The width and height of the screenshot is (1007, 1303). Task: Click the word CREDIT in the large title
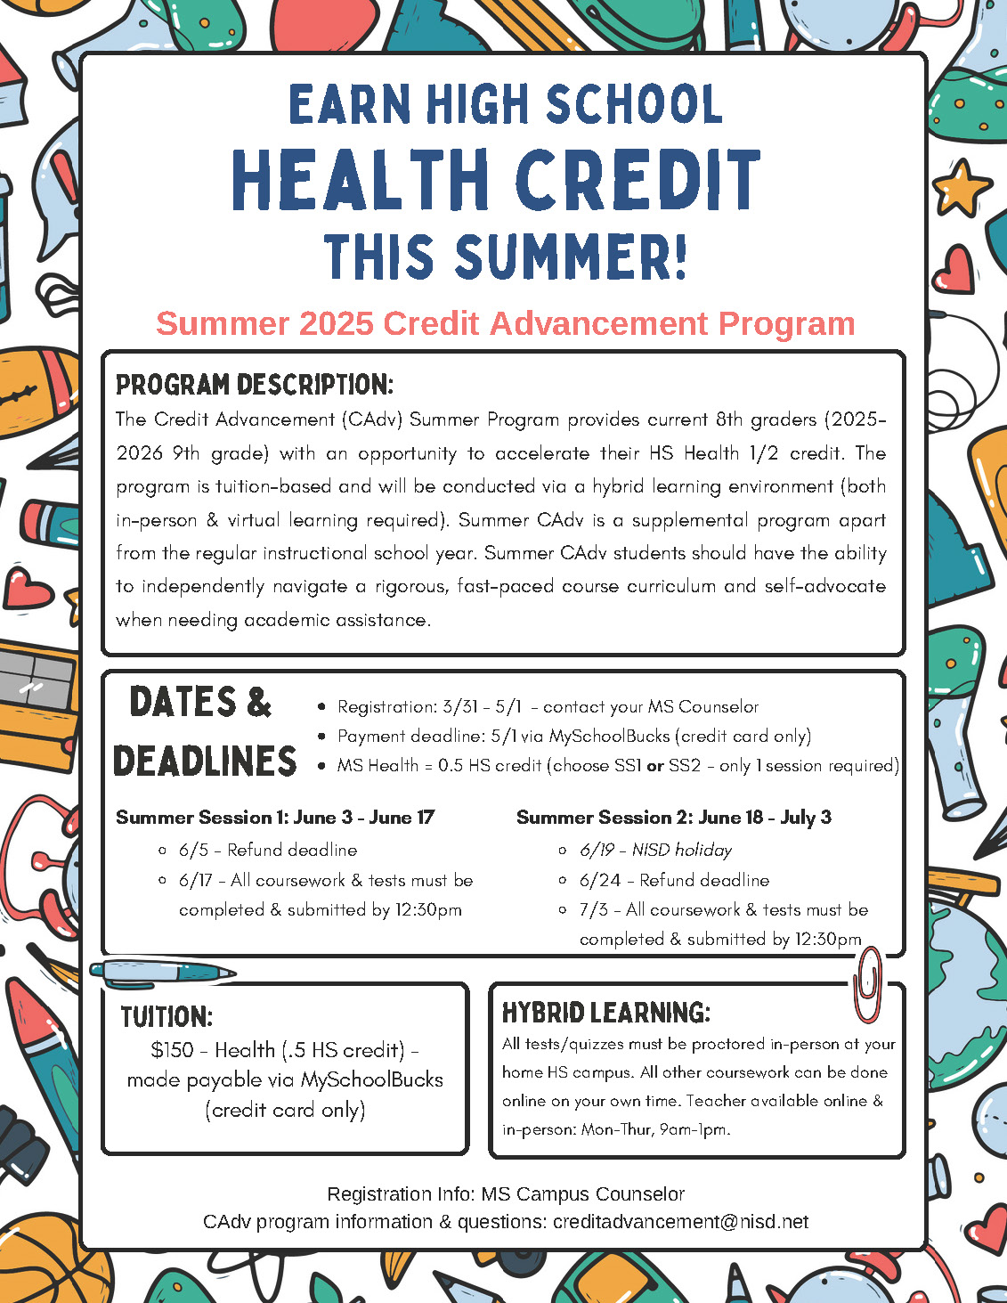click(x=637, y=179)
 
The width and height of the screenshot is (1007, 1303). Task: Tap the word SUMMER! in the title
click(x=571, y=257)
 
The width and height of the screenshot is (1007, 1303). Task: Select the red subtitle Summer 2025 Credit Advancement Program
click(x=505, y=323)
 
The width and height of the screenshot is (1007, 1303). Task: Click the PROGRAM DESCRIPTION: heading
click(x=255, y=385)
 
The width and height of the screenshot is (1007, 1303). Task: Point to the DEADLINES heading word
click(x=204, y=761)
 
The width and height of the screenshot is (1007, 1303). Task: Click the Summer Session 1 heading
click(x=275, y=818)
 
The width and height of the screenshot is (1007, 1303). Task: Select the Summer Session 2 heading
click(x=674, y=818)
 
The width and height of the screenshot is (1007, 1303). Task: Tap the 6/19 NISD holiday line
click(x=655, y=850)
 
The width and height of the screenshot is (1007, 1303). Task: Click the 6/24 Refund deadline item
click(x=674, y=880)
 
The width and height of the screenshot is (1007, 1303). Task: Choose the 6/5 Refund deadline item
click(x=267, y=850)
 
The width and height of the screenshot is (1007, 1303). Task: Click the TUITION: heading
click(x=166, y=1016)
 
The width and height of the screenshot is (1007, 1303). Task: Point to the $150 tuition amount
click(x=172, y=1050)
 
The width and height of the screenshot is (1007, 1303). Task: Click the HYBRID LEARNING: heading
click(x=605, y=1013)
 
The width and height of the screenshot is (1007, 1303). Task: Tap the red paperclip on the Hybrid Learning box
click(x=866, y=983)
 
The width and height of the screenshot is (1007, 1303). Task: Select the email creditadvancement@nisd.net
click(x=680, y=1222)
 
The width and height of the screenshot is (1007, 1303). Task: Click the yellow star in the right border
click(x=962, y=188)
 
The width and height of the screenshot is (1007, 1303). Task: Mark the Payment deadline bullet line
click(x=573, y=736)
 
